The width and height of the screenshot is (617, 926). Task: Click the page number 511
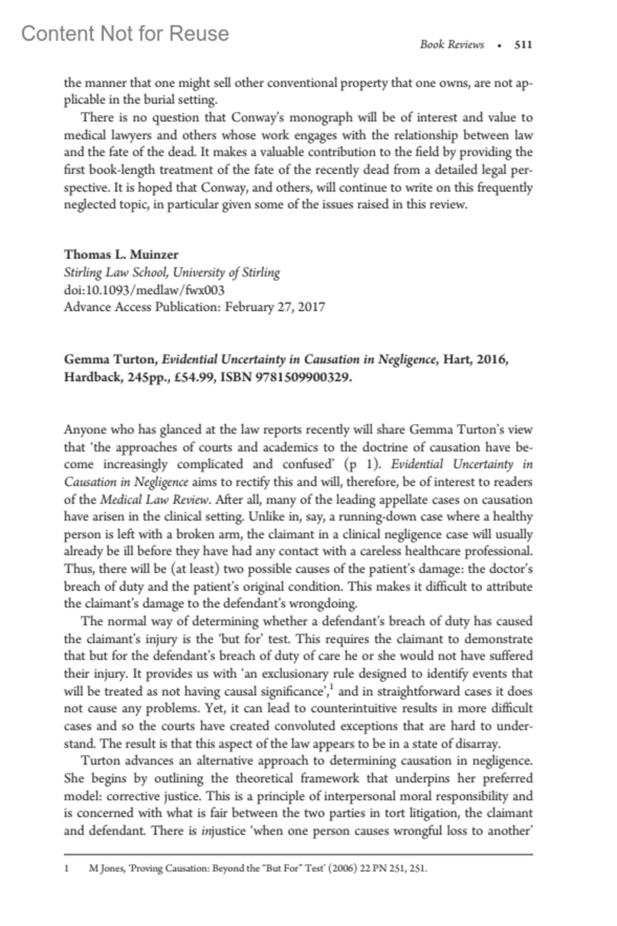pyautogui.click(x=523, y=45)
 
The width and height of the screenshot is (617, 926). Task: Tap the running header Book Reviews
pyautogui.click(x=451, y=45)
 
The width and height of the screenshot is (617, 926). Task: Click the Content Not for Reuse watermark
pyautogui.click(x=125, y=33)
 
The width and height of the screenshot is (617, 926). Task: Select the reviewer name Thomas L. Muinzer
pyautogui.click(x=121, y=255)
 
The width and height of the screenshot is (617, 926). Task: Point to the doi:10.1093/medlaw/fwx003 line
pyautogui.click(x=144, y=290)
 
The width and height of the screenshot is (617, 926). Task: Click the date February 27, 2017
pyautogui.click(x=275, y=307)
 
